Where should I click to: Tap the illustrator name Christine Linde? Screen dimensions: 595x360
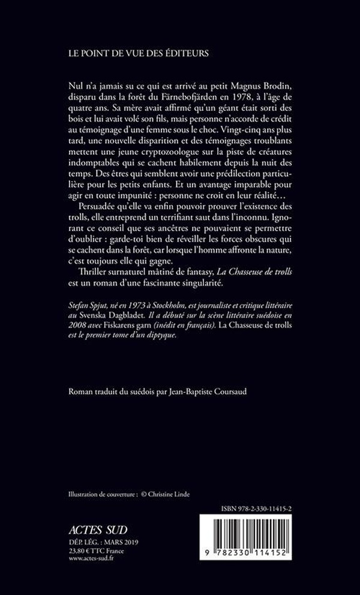tap(177, 494)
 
